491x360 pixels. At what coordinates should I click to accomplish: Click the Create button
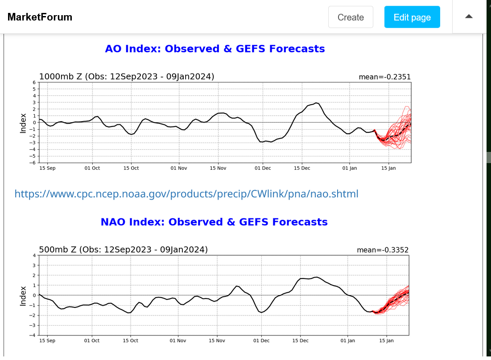351,17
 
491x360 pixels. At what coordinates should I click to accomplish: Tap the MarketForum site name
40,17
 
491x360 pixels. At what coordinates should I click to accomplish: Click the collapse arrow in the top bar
469,17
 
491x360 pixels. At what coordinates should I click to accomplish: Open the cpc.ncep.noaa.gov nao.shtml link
186,194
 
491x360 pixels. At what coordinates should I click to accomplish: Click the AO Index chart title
215,49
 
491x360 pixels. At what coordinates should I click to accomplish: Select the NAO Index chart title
214,222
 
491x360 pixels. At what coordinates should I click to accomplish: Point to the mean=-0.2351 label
384,77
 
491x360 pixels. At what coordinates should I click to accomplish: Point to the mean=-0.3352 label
383,250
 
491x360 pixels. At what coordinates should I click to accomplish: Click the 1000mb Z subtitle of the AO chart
127,77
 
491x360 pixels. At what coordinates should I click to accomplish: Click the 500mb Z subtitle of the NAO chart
124,250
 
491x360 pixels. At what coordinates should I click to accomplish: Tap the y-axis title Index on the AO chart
23,123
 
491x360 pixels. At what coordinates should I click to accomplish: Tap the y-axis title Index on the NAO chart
23,295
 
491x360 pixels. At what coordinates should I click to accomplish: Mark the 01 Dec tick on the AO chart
263,168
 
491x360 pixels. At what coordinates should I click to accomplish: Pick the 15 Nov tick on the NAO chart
217,341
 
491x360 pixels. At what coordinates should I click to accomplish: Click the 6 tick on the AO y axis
34,82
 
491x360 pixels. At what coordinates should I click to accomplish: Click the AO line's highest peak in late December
317,103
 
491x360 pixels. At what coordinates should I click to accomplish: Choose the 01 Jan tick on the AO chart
350,168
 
